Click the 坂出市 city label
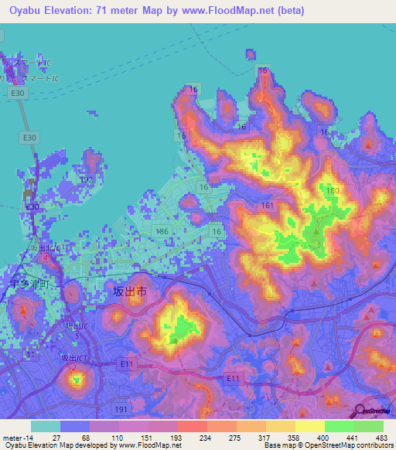pos(130,291)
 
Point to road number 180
pos(333,191)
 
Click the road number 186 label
pos(162,231)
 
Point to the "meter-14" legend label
pos(17,437)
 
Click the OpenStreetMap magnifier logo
pos(360,410)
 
